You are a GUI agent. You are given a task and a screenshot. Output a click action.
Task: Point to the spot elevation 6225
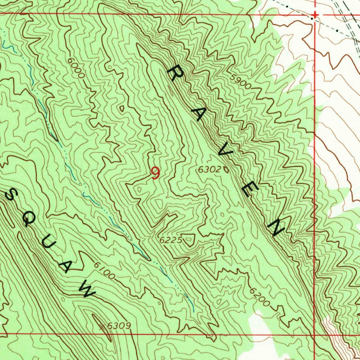pos(171,240)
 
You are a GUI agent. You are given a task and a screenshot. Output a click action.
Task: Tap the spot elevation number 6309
pos(119,326)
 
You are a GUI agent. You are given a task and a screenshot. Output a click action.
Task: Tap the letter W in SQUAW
pos(87,290)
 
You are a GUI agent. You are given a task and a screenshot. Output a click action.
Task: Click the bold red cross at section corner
pos(315,15)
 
